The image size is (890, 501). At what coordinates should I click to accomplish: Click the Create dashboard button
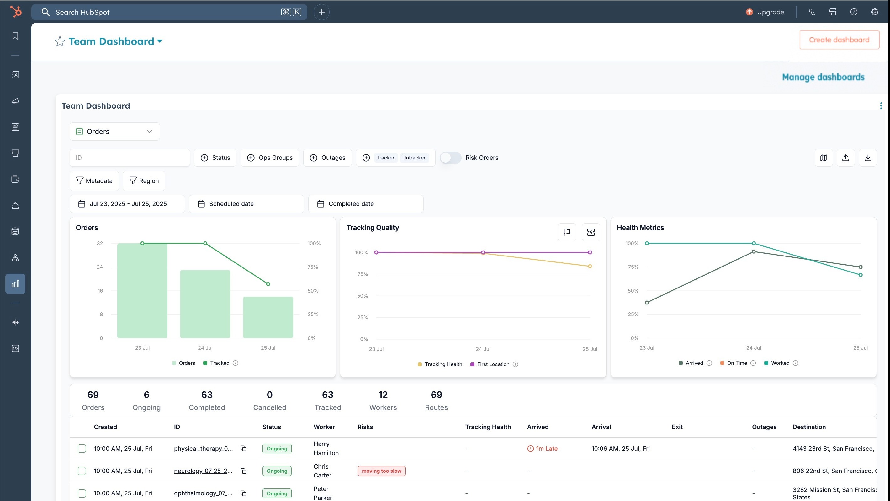tap(839, 40)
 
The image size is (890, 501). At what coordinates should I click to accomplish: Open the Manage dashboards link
tap(823, 77)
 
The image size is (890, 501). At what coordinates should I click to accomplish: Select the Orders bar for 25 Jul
tap(268, 317)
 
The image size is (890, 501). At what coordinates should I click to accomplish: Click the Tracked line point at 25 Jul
tap(268, 284)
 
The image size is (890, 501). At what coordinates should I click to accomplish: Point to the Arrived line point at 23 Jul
tap(647, 303)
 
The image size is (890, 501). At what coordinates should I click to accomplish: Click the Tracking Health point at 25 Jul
tap(590, 266)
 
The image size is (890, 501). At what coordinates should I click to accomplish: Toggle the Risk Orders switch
tap(450, 158)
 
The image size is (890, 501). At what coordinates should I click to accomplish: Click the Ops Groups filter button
tap(269, 158)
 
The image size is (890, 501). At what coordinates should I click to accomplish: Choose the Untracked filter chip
tap(414, 158)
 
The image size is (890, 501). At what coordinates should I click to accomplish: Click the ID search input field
tap(130, 158)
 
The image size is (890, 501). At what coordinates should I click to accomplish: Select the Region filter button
tap(144, 181)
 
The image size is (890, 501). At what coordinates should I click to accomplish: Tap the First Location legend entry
tap(493, 364)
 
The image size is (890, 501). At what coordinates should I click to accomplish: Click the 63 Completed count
tap(207, 400)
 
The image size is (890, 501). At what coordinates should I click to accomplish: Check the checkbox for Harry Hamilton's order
tap(82, 449)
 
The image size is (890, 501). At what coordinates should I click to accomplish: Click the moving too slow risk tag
tap(381, 471)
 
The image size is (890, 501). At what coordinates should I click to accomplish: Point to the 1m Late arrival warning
tap(543, 449)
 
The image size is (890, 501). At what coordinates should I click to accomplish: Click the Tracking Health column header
tap(488, 427)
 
